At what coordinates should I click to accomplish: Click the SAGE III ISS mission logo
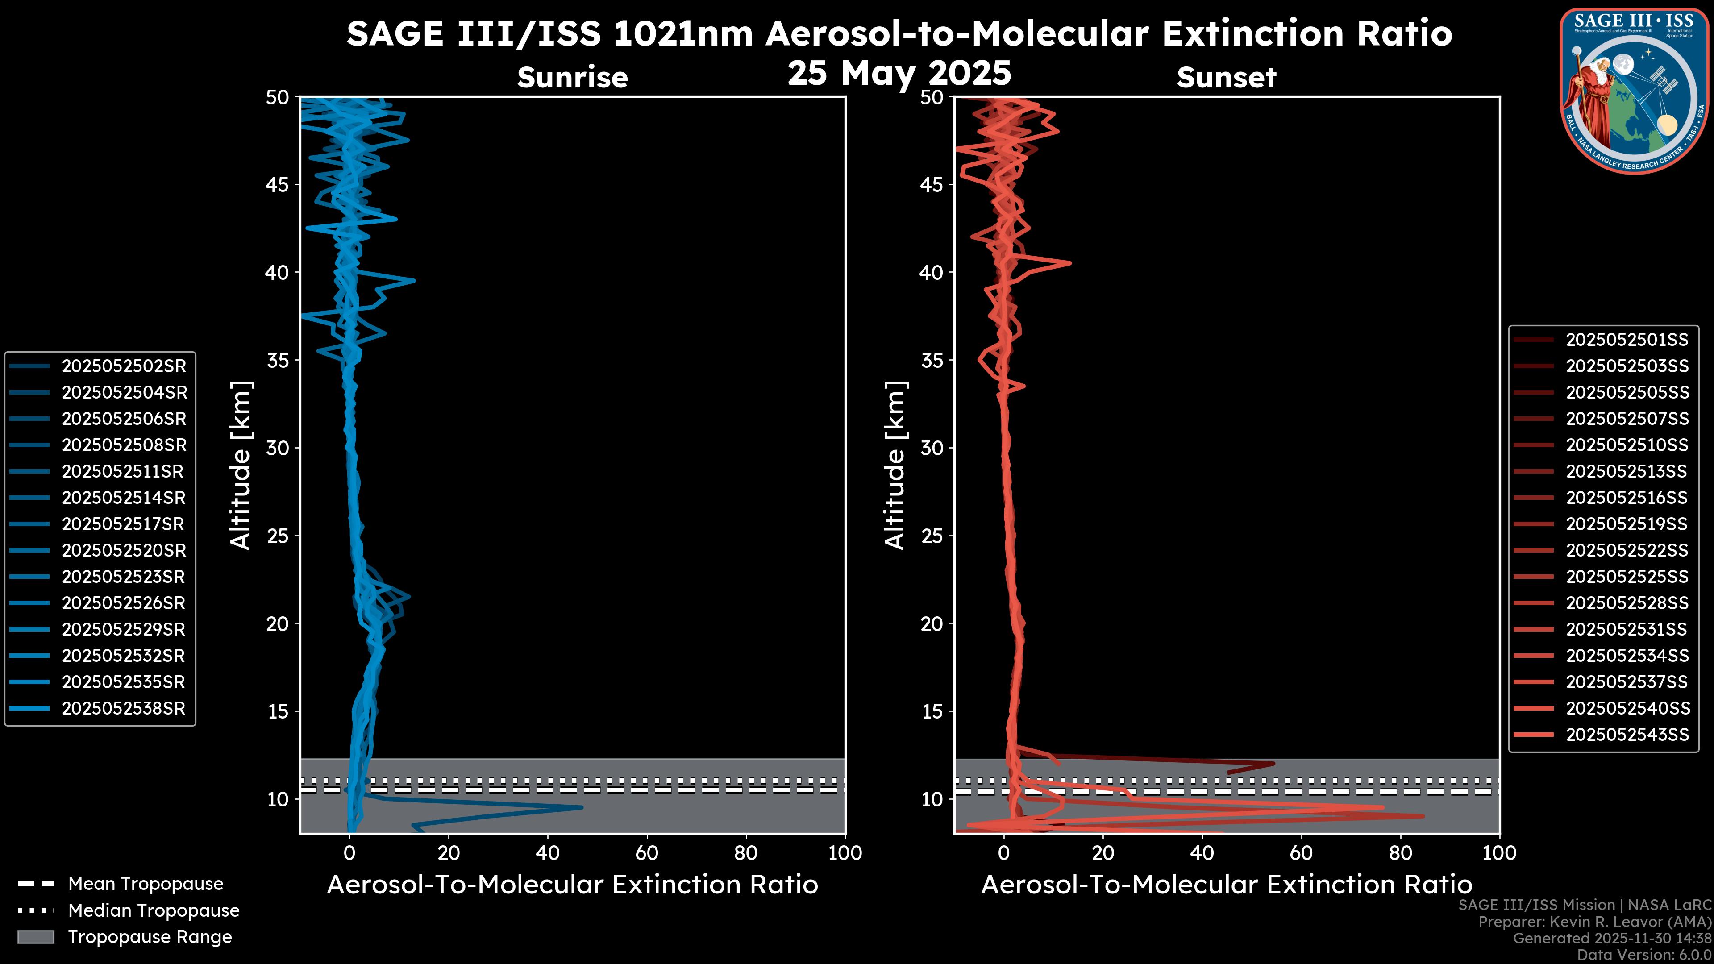coord(1634,91)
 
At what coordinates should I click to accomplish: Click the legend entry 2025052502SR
coord(124,366)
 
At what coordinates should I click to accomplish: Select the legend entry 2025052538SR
coord(123,709)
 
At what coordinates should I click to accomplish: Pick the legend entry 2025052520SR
coord(124,550)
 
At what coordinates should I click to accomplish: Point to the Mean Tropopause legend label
coord(145,884)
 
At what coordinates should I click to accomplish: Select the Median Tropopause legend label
coord(153,910)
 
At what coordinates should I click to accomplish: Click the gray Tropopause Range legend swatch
coord(36,937)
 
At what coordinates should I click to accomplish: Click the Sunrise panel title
coord(572,77)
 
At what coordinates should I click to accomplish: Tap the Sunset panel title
coord(1226,77)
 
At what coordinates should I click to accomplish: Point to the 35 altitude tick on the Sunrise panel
coord(278,360)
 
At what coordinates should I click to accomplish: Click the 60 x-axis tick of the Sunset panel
coord(1301,853)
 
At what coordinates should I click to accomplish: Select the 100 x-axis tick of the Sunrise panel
coord(845,853)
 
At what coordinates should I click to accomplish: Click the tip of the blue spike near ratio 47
coord(582,808)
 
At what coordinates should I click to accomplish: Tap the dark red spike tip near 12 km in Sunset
coord(1273,764)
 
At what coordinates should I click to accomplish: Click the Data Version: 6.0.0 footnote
coord(1643,955)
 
